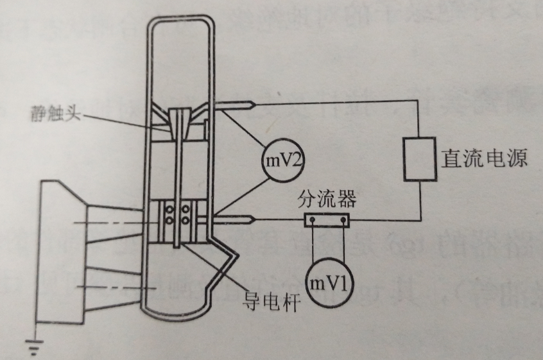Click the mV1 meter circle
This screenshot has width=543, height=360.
point(329,283)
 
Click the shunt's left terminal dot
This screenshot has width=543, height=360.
point(313,221)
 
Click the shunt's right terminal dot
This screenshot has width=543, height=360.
point(345,221)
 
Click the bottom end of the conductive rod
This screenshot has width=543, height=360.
point(178,246)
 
